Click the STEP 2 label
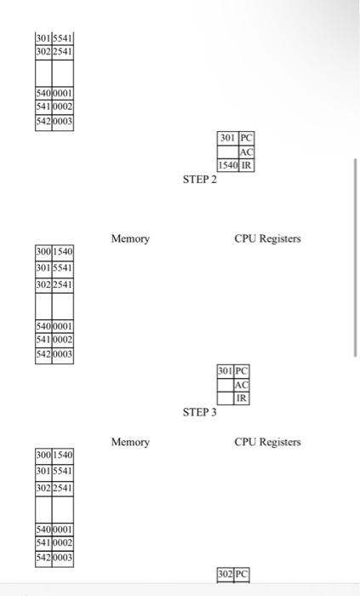pos(200,181)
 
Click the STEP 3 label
pos(200,413)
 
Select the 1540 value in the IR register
pos(227,165)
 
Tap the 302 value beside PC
pos(226,576)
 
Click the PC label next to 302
pos(243,576)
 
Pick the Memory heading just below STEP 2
pos(130,239)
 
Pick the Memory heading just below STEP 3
pos(130,442)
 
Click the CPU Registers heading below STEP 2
pos(267,239)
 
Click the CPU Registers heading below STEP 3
pos(267,442)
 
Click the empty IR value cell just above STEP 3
pos(226,398)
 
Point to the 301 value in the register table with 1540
pos(227,138)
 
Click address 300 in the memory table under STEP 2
pos(43,252)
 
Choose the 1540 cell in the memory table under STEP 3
pos(64,455)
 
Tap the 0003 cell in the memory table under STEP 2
pos(64,354)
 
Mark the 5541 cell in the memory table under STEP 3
pos(64,471)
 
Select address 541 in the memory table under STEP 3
pos(43,542)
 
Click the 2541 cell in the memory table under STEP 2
pos(64,285)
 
